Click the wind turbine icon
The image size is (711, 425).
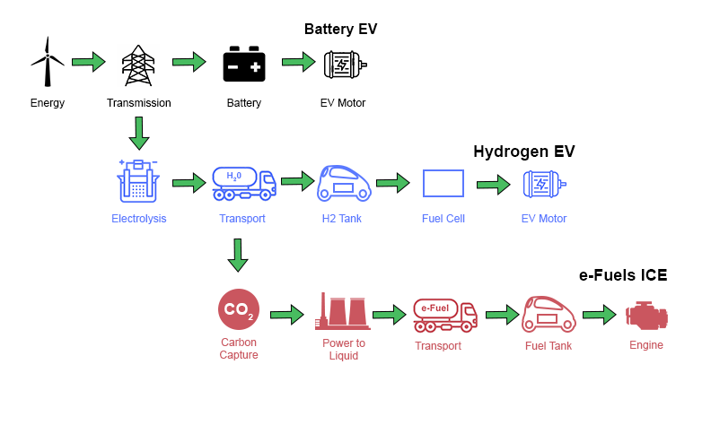(48, 63)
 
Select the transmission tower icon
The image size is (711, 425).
(138, 65)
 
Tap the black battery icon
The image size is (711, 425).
(244, 65)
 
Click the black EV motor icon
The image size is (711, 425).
(345, 65)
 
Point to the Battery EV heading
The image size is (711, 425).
(340, 29)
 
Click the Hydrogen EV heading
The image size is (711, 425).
(523, 152)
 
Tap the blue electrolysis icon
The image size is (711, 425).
(138, 182)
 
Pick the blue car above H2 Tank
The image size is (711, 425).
(345, 183)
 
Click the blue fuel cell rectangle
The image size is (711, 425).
(443, 183)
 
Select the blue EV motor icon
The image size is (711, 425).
(544, 184)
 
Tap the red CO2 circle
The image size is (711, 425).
(239, 309)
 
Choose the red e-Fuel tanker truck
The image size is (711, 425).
(444, 314)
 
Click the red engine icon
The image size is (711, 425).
(646, 315)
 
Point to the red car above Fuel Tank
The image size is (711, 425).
(548, 314)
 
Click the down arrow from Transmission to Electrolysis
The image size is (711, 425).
(138, 133)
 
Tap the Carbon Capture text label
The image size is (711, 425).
(239, 348)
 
